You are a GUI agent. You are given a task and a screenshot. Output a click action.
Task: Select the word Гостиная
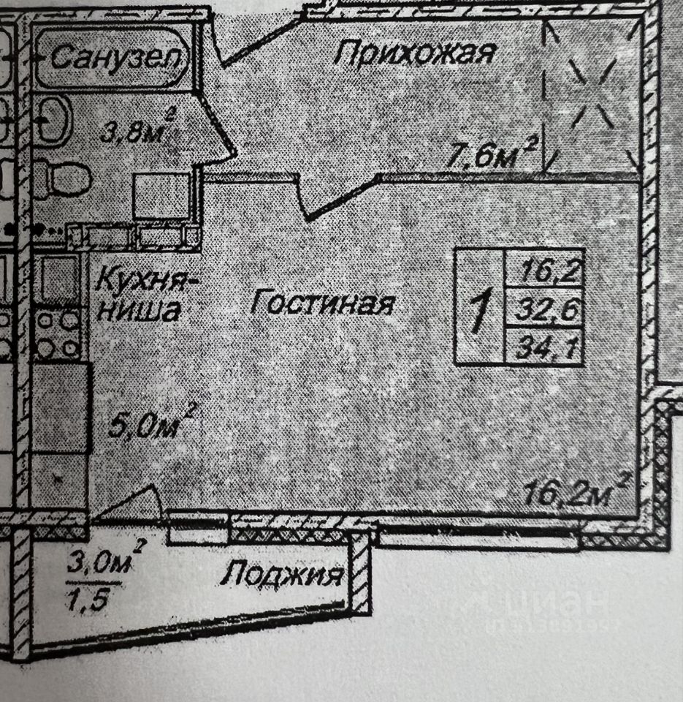point(322,303)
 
